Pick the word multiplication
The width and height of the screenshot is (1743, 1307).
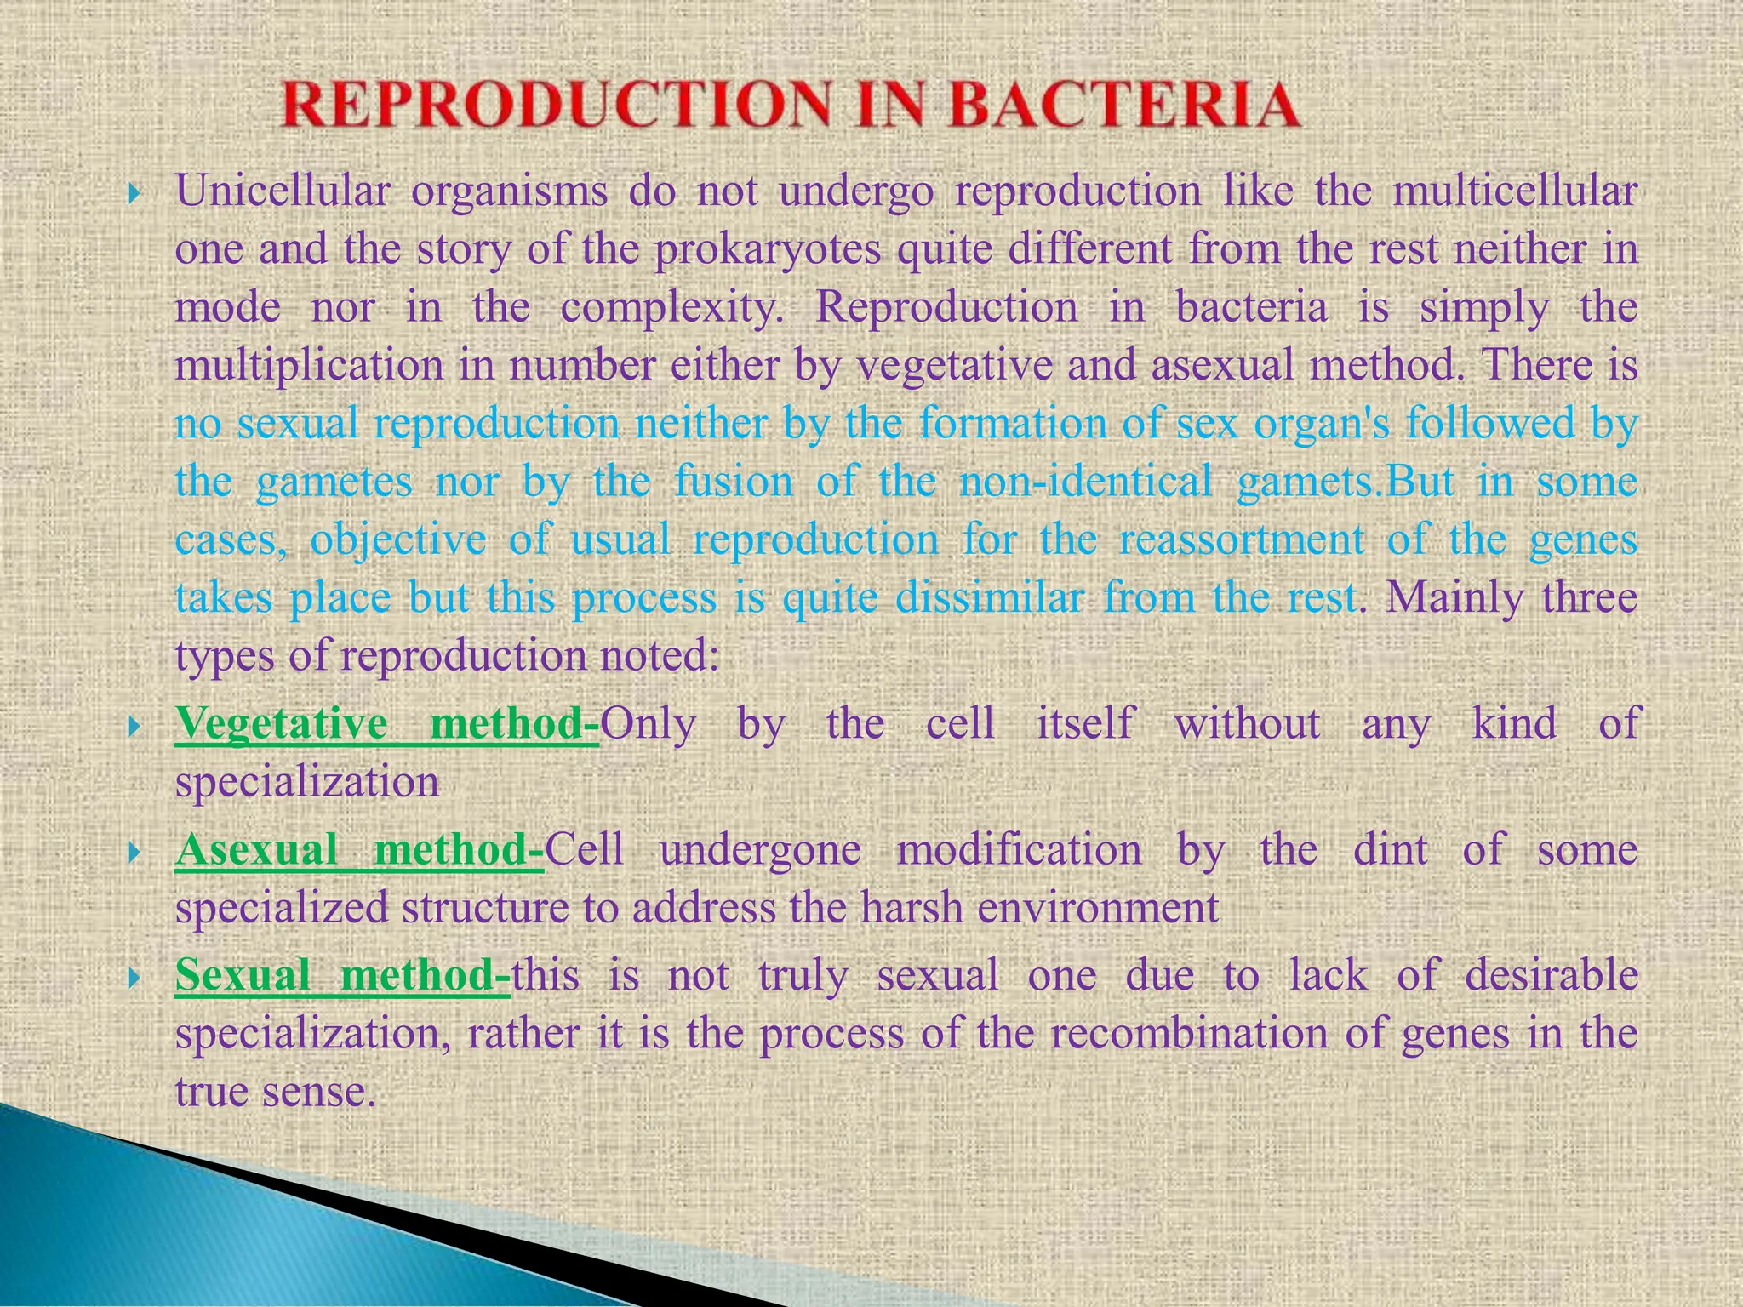(x=310, y=366)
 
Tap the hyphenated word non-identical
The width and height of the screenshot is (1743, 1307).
(x=1085, y=482)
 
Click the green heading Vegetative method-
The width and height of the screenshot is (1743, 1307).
(x=387, y=724)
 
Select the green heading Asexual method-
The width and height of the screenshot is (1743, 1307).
(x=360, y=850)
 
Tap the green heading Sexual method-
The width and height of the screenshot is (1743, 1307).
(x=343, y=975)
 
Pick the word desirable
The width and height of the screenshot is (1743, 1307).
(x=1552, y=975)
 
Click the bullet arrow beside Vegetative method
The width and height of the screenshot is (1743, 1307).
(x=133, y=726)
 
